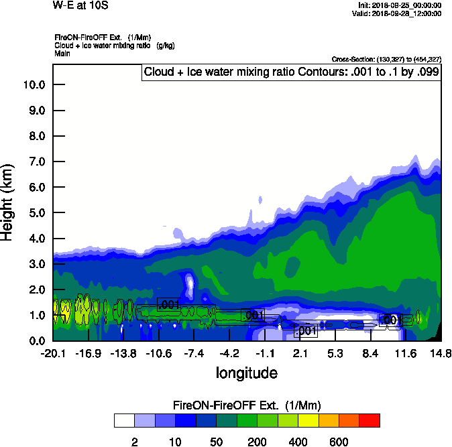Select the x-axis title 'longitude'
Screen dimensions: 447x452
click(x=246, y=372)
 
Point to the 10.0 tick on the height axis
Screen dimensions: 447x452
click(x=34, y=84)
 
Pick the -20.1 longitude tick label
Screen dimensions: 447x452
click(x=53, y=353)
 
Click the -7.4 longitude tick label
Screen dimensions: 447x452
click(x=194, y=353)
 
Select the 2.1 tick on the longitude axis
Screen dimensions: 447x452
click(x=300, y=353)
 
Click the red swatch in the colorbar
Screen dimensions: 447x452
click(x=369, y=420)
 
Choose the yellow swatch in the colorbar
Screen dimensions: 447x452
click(x=308, y=420)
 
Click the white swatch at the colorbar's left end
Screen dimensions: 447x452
click(x=124, y=420)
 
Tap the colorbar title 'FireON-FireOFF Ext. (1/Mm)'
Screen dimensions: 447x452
click(x=247, y=405)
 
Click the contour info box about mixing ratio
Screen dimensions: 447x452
click(x=291, y=72)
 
